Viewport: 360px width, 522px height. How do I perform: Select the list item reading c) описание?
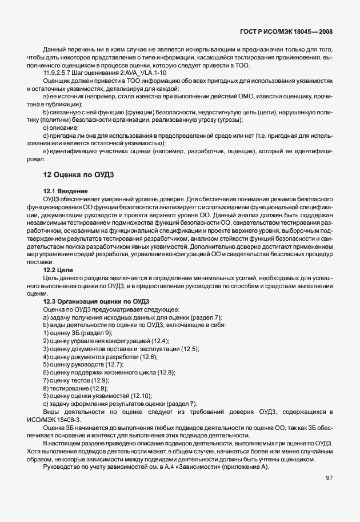point(61,129)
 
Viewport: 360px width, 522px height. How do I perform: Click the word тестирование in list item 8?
point(68,388)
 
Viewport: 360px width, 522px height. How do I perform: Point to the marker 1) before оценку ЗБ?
point(46,333)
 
